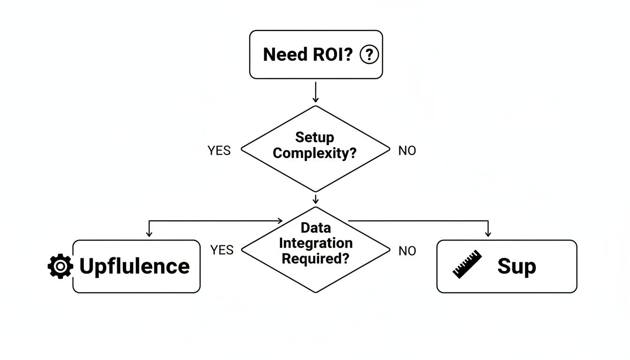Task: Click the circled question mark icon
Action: [369, 55]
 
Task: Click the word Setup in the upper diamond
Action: [315, 137]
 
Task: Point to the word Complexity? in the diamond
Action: [315, 153]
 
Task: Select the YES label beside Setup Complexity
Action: [219, 151]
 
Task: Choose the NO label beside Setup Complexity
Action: [407, 151]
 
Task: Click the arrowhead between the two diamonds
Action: [315, 201]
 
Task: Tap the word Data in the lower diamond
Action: [315, 228]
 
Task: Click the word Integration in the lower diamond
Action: [315, 243]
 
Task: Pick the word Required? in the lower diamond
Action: [315, 258]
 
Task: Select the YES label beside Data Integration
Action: [222, 250]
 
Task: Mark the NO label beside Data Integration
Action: [407, 251]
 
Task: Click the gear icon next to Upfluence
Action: [60, 266]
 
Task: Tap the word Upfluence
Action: [135, 266]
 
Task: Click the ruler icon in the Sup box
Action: [467, 264]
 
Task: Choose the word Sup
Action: [516, 266]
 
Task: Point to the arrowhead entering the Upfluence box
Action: [149, 233]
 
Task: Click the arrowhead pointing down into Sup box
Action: [488, 233]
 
